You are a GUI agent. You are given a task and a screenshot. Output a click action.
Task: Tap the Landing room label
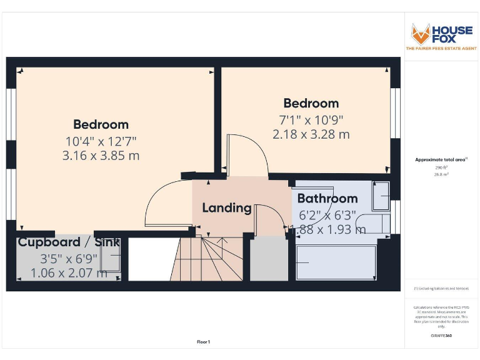(226, 207)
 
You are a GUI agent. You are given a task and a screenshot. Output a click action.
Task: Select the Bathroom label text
(327, 199)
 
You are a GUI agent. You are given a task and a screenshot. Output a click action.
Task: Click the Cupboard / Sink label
(68, 242)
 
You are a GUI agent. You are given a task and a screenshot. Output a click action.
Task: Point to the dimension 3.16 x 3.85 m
(101, 156)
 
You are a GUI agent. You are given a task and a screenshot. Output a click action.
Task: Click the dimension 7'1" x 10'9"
(311, 119)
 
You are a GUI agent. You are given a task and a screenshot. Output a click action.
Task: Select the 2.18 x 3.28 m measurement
(311, 134)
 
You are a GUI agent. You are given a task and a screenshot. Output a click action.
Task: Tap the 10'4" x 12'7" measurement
(101, 141)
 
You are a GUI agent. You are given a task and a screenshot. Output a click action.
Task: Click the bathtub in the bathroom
(336, 262)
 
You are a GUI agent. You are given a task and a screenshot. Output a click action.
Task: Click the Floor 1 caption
(204, 342)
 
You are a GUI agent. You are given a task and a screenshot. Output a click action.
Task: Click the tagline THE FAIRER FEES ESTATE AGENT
(441, 48)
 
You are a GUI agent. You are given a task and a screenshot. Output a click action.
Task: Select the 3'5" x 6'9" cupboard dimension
(69, 257)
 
